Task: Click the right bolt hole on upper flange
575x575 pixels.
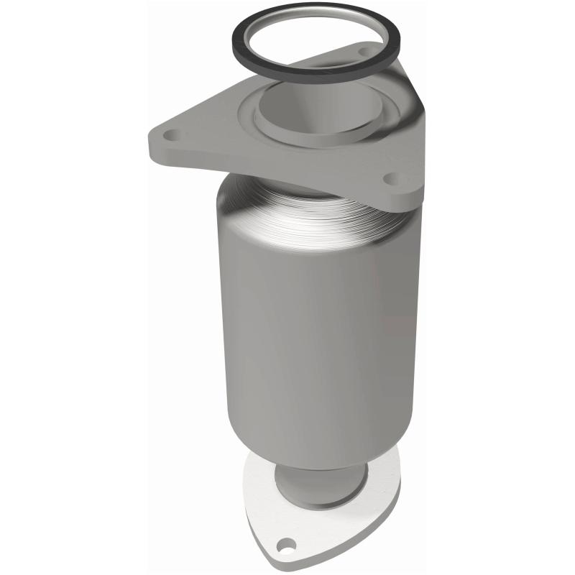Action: click(x=391, y=178)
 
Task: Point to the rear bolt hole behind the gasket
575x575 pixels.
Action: click(x=363, y=52)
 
